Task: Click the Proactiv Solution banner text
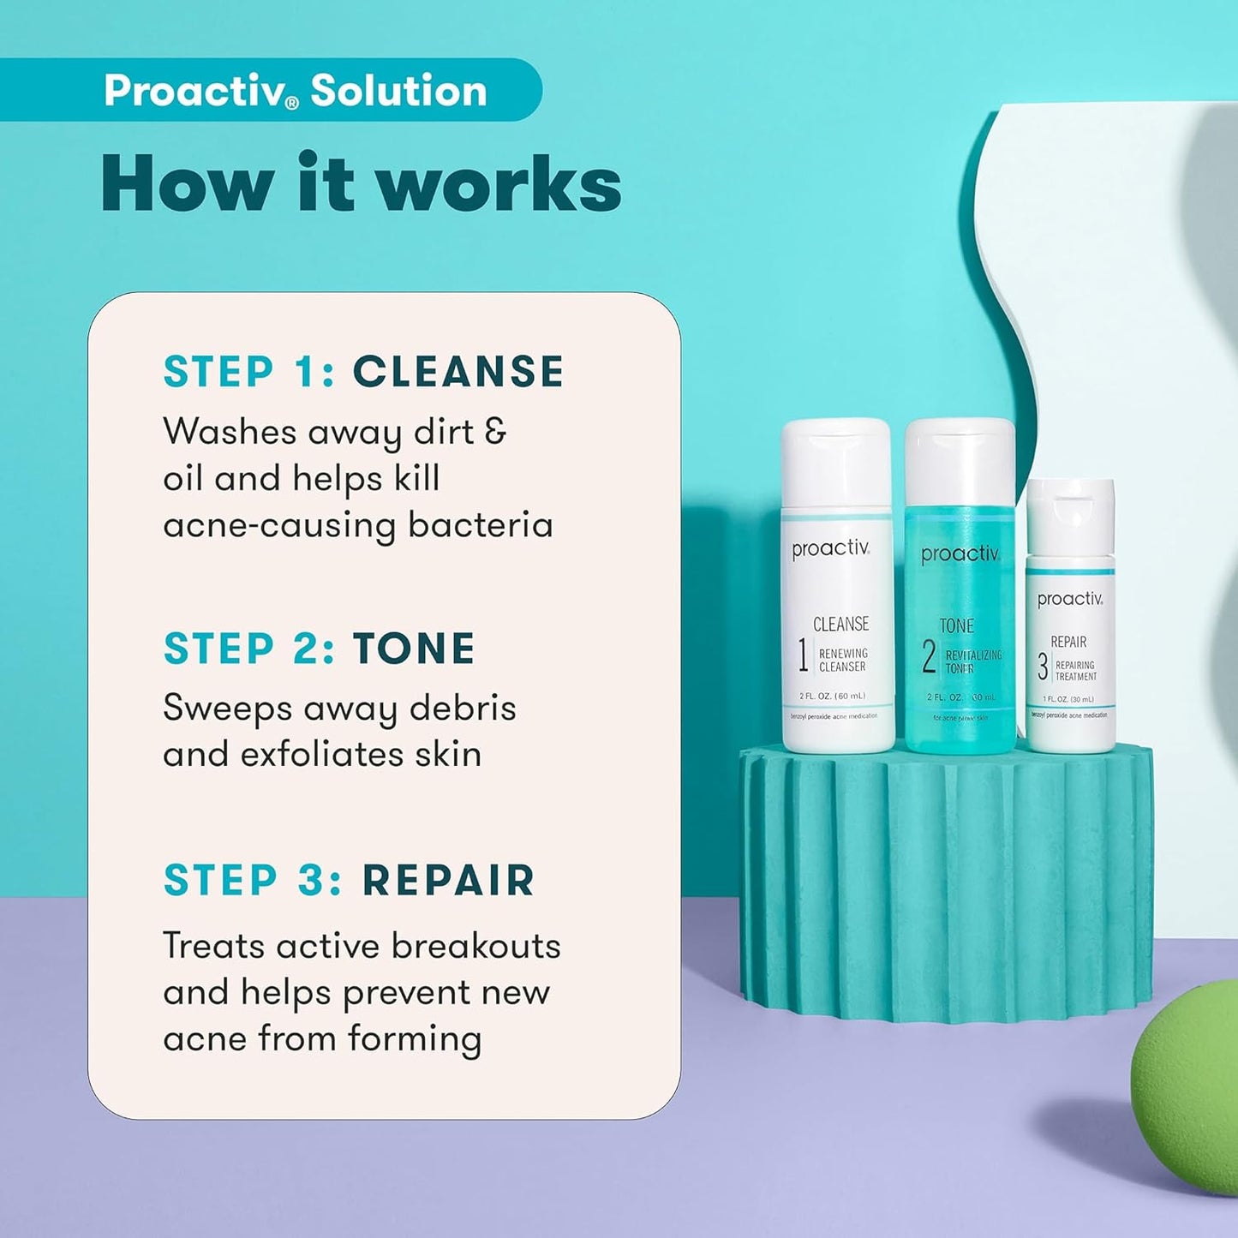[295, 90]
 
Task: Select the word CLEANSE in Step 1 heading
[458, 372]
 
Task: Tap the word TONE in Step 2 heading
[414, 649]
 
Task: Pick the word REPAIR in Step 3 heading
[448, 881]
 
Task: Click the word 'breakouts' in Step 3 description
[475, 946]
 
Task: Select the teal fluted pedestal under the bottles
[946, 882]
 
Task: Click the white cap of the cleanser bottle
[836, 463]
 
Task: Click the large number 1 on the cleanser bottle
[803, 656]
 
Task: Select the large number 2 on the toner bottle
[929, 657]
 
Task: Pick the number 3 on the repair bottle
[1042, 667]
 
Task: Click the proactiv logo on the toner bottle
[960, 554]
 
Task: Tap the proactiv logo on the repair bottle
[1069, 599]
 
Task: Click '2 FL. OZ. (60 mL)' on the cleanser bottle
[832, 696]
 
